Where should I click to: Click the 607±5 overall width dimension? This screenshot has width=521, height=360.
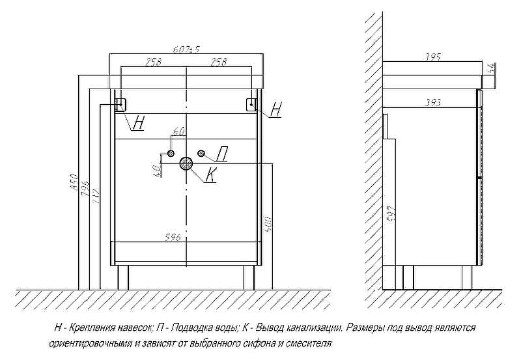pyautogui.click(x=186, y=49)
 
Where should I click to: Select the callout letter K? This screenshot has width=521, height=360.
pyautogui.click(x=210, y=174)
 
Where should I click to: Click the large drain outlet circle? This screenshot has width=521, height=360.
pyautogui.click(x=187, y=163)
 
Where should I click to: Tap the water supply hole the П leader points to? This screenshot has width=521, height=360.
pyautogui.click(x=201, y=154)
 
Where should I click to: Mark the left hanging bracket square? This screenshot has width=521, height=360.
pyautogui.click(x=121, y=104)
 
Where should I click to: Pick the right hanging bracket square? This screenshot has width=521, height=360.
pyautogui.click(x=251, y=104)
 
